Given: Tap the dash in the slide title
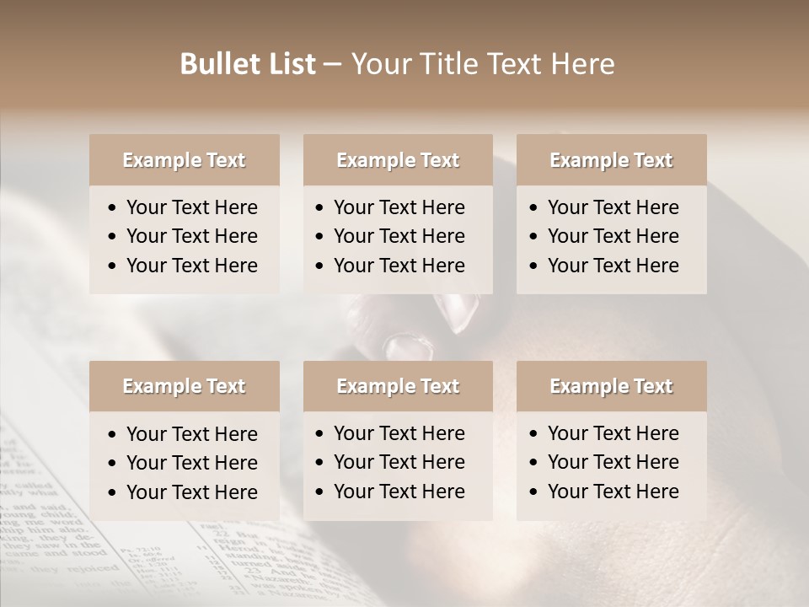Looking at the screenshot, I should (x=332, y=65).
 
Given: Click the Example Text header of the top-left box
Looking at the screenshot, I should (x=184, y=160).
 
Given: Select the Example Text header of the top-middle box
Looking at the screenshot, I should (x=398, y=160).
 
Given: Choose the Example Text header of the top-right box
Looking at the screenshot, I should (x=611, y=160).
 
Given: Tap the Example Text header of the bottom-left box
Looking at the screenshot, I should (x=184, y=386).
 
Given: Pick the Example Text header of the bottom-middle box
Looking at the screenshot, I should (x=398, y=386).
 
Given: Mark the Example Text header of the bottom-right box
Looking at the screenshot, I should (x=611, y=386).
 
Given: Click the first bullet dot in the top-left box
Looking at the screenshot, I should (x=113, y=208).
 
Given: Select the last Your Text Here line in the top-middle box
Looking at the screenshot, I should (x=399, y=266).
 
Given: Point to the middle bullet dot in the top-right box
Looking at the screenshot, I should (x=533, y=237).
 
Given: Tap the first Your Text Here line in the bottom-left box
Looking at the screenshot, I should (x=191, y=434).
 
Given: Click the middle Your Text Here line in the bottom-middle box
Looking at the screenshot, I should (x=399, y=462).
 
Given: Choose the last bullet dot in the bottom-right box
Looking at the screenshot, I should (x=533, y=492).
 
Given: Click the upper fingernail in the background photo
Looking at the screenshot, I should (x=458, y=310).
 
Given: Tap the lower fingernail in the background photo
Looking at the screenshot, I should (x=408, y=346).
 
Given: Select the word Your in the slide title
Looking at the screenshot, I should (x=378, y=64).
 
